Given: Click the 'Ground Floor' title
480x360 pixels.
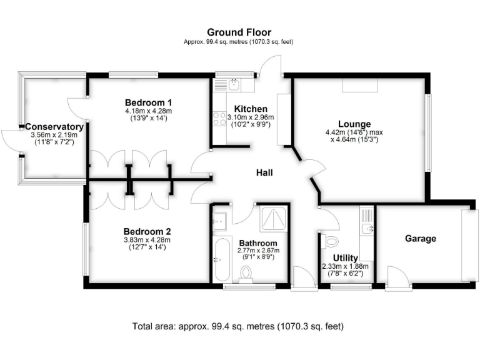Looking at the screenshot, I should pos(239,32).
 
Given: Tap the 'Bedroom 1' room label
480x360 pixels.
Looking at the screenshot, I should pos(148,102).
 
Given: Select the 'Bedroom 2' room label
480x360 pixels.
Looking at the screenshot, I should pos(147,230).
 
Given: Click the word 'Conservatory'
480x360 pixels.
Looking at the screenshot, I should pos(54,127).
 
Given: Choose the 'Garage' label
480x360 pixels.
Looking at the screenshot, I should pos(420,238).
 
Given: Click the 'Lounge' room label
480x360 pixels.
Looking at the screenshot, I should pos(354,124).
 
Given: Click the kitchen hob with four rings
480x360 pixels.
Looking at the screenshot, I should pos(220,118).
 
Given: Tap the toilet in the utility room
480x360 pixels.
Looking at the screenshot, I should pos(330,241).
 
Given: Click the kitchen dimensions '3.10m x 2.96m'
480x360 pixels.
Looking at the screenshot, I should pos(250,117).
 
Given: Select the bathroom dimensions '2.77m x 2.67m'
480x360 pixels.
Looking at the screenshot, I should pos(258,250).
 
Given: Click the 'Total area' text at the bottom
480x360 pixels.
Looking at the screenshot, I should pos(238,326).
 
